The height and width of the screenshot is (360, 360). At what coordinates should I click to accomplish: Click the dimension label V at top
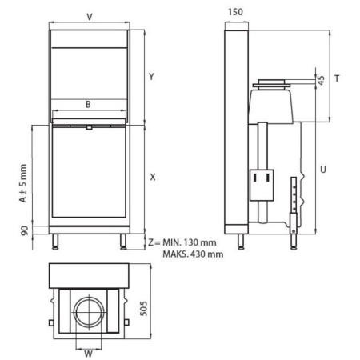click(x=89, y=16)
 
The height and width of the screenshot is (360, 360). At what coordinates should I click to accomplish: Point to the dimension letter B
click(x=89, y=103)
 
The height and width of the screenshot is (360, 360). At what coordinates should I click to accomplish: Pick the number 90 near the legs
click(x=24, y=232)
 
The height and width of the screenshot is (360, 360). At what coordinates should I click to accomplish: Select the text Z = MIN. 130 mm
click(x=182, y=241)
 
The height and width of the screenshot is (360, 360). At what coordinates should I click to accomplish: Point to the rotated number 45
click(x=321, y=82)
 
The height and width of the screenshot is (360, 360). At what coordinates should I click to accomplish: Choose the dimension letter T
click(x=338, y=78)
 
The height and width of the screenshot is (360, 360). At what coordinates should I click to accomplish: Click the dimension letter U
click(x=322, y=170)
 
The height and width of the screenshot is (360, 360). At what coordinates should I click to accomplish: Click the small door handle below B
click(x=89, y=126)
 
